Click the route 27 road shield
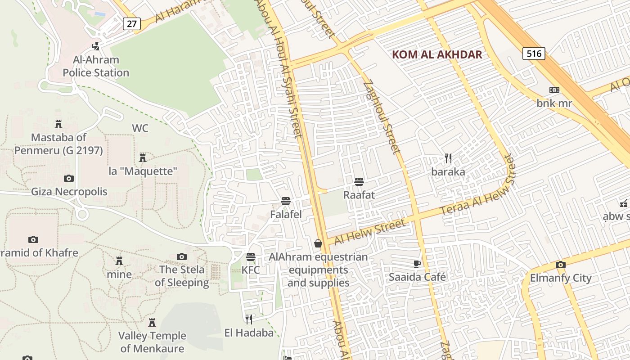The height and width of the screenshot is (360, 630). (131, 23)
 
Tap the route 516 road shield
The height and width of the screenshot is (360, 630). (534, 54)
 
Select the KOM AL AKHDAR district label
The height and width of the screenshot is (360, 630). (437, 55)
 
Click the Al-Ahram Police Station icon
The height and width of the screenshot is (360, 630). (95, 46)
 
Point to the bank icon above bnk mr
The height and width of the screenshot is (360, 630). (554, 90)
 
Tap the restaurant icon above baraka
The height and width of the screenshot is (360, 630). (448, 158)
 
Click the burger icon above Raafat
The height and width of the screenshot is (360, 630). (359, 182)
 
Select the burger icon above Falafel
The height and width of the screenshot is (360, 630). (285, 201)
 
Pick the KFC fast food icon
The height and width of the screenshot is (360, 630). (251, 257)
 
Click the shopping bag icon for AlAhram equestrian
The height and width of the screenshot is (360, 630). (318, 243)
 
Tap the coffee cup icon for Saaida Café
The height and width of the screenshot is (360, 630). (417, 264)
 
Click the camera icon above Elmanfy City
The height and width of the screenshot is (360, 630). (560, 265)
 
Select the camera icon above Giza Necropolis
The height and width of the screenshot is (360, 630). (69, 179)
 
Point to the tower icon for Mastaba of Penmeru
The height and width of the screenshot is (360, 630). (58, 124)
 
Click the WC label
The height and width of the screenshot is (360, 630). (140, 128)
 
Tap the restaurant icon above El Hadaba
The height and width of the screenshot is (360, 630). (249, 319)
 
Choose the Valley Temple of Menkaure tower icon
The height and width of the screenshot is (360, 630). (152, 323)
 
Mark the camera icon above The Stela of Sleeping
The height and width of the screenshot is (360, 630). (182, 256)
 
